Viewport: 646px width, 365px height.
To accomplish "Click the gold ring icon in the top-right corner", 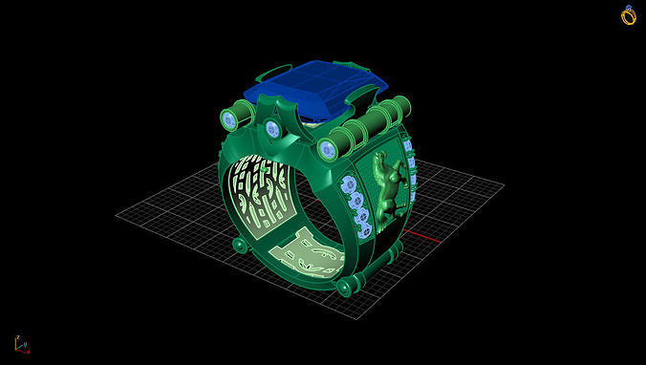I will pyautogui.click(x=628, y=14).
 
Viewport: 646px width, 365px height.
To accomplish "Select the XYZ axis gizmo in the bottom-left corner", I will pyautogui.click(x=20, y=343).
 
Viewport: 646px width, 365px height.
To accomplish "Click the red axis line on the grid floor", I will pyautogui.click(x=420, y=235).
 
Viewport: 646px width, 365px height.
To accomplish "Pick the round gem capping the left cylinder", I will pyautogui.click(x=229, y=119).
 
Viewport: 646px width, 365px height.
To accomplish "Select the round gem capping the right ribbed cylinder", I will pyautogui.click(x=329, y=147).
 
